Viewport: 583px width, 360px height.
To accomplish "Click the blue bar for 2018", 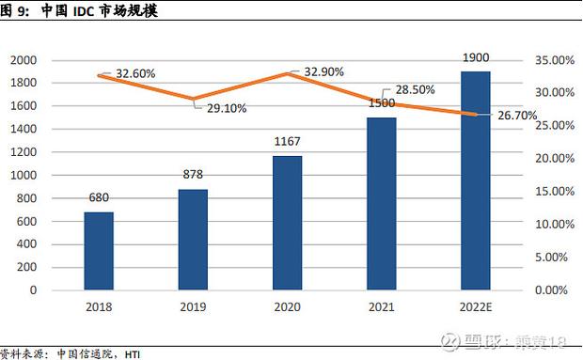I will tap(98, 251).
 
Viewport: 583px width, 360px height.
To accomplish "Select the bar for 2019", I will tap(193, 240).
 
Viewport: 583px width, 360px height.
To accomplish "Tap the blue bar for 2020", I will tap(287, 223).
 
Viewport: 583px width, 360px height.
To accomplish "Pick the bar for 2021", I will tap(381, 204).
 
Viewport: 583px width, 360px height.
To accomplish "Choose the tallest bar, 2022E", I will tap(476, 180).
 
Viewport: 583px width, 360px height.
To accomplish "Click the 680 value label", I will tap(98, 198).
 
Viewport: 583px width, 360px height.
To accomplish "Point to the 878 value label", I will tap(193, 175).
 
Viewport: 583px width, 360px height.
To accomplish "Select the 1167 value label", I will tap(287, 142).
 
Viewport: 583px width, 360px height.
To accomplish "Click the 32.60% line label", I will tap(135, 73).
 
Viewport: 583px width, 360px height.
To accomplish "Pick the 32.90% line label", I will tap(323, 71).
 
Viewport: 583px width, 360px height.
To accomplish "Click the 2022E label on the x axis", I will tap(476, 307).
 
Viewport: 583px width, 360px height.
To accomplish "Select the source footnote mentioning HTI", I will tap(71, 353).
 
